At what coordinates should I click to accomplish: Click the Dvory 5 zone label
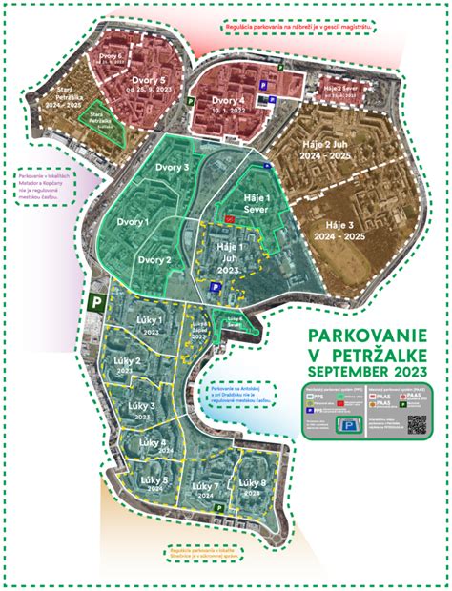pos(149,81)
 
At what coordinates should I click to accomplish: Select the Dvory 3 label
pos(173,168)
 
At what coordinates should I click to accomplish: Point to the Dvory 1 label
pos(134,221)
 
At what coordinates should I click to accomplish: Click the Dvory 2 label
pos(154,259)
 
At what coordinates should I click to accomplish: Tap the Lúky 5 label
pos(154,479)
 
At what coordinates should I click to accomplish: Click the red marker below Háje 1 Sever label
pos(229,218)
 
